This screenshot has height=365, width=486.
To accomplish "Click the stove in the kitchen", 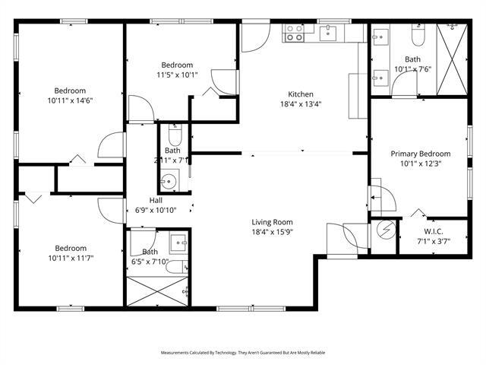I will [x=294, y=32].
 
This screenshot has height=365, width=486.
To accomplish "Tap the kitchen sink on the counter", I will [x=328, y=32].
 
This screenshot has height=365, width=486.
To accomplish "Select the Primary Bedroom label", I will [x=420, y=153].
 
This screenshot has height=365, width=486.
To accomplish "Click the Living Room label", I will [x=273, y=222].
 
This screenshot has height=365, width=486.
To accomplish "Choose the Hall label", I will [x=155, y=200].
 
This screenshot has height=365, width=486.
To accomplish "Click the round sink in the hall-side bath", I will [x=169, y=182].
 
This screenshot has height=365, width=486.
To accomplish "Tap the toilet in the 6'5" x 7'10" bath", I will [x=176, y=266].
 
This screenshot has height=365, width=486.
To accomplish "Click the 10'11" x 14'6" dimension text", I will [x=70, y=100].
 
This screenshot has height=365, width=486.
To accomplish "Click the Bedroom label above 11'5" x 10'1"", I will [x=177, y=65].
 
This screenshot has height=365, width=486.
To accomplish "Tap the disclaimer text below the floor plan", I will [x=242, y=353].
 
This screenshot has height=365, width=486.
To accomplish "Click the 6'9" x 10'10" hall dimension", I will [x=155, y=210].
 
